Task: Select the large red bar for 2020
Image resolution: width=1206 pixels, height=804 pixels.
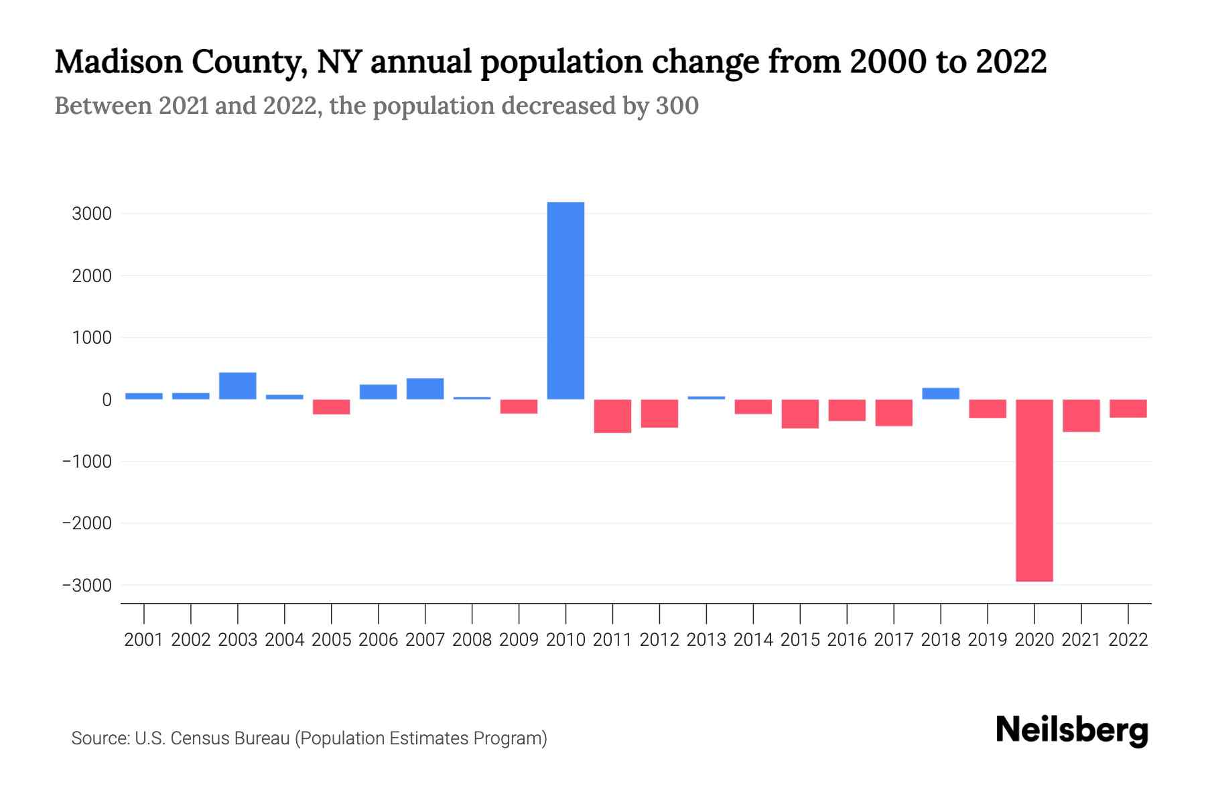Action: pos(1034,490)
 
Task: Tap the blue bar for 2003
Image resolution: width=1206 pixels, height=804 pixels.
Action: pos(238,386)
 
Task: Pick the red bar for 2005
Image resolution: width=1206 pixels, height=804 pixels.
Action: pos(332,407)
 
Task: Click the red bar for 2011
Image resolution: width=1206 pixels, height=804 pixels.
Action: pos(612,416)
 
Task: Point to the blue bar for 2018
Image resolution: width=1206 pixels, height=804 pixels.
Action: pos(941,393)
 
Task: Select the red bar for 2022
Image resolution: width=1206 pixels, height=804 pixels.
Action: pos(1128,409)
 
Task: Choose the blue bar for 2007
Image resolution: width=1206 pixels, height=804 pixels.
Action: pos(425,389)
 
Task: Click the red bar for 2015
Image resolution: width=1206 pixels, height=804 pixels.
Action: pos(800,413)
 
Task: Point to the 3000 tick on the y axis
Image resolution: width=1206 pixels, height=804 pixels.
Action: pos(92,214)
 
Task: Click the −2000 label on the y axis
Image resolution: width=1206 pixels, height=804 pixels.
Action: pos(86,523)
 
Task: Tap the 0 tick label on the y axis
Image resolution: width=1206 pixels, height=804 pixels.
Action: pos(107,400)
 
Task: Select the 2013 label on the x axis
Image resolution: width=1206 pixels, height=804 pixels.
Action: pos(706,640)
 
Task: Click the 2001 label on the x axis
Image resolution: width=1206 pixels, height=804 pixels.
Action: pos(144,640)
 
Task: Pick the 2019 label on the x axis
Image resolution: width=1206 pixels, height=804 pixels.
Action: pos(987,640)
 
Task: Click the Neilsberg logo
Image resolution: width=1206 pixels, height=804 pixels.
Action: pos(1072,730)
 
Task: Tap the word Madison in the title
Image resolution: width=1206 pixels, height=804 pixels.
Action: pos(119,62)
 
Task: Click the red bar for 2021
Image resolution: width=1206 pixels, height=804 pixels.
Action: pos(1081,415)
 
